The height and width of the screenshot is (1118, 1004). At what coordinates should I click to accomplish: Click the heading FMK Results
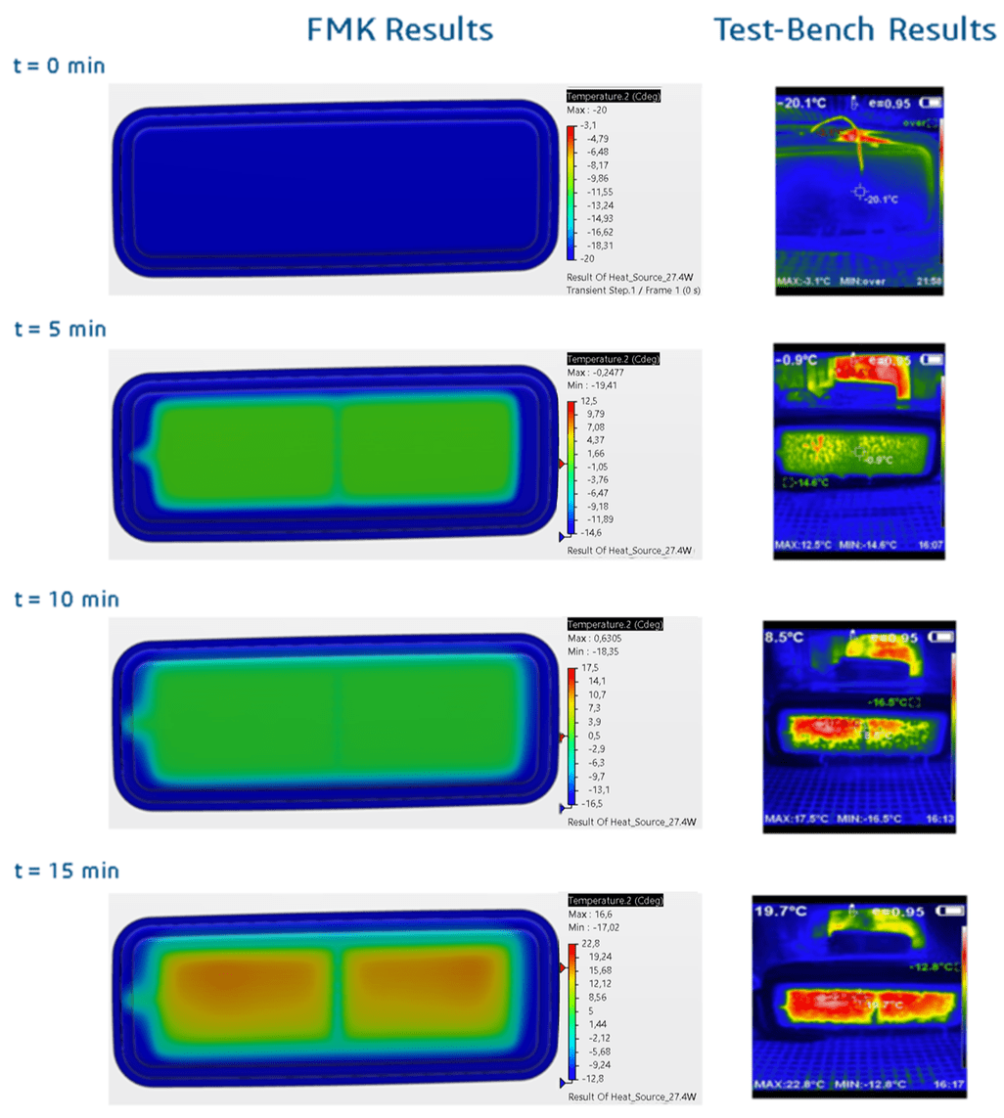point(399,29)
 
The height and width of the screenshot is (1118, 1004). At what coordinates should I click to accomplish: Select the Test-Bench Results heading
point(854,29)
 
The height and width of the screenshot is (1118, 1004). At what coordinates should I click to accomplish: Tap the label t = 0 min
point(60,67)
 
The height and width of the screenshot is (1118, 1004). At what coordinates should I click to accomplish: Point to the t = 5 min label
point(60,329)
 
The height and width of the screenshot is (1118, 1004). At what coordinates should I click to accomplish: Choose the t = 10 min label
point(65,599)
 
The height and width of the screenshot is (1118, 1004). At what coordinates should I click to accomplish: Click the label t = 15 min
point(65,870)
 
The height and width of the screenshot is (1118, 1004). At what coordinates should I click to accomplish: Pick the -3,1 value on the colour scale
point(591,126)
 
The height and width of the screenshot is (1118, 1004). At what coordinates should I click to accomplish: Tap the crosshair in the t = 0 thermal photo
point(860,192)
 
